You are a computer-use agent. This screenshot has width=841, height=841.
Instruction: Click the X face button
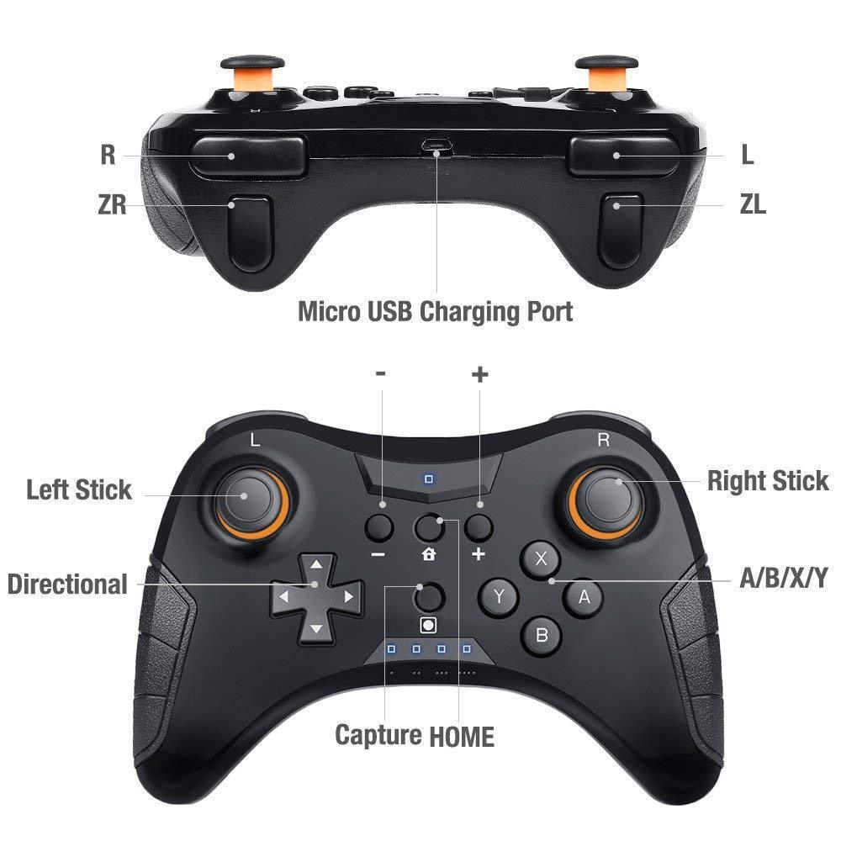click(x=542, y=558)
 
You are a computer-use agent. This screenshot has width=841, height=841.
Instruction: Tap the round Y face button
click(x=499, y=597)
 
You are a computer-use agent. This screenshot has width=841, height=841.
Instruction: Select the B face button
click(x=542, y=635)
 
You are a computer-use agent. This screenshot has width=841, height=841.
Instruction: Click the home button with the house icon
click(x=431, y=527)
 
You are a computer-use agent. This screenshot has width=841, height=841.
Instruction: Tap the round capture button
click(x=430, y=596)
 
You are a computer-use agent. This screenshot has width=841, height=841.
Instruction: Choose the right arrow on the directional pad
click(x=348, y=596)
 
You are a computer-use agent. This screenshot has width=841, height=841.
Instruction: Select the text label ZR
click(x=112, y=204)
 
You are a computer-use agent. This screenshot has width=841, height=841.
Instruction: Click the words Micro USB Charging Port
click(x=436, y=312)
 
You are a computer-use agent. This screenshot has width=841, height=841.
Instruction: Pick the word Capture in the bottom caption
click(x=378, y=735)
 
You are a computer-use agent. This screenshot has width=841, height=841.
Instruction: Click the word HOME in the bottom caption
click(x=462, y=737)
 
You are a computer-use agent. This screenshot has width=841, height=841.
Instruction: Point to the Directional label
click(x=67, y=584)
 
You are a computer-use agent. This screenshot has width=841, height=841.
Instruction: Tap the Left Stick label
click(x=79, y=489)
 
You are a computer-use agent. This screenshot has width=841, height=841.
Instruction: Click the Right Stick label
click(x=767, y=481)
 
